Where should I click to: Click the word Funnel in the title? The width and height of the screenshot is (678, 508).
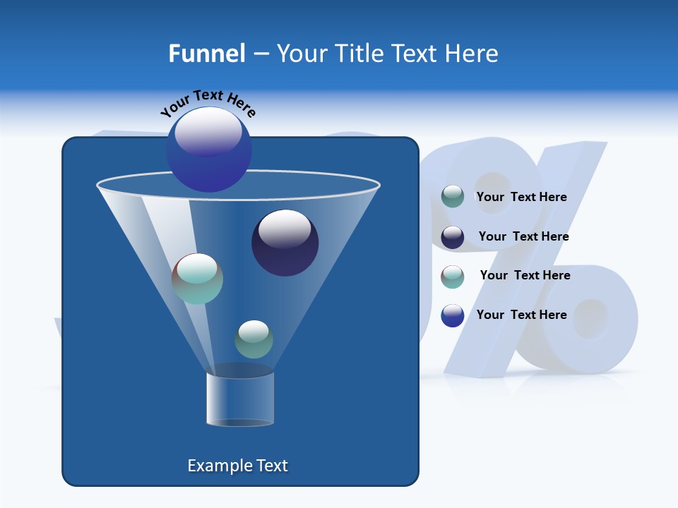coord(206,53)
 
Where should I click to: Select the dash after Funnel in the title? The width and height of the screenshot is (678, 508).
coord(261,54)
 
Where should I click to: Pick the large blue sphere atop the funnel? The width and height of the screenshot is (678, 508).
coord(209,150)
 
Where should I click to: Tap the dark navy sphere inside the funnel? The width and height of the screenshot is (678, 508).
coord(285,243)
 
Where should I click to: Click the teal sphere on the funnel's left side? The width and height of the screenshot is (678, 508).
coord(197,279)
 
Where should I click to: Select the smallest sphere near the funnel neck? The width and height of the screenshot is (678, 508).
coord(254,339)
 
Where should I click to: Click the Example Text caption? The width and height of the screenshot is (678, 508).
coord(237,466)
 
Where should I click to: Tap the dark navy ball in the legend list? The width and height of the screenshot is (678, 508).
coord(453,237)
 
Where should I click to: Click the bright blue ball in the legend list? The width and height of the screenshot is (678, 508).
coord(453,315)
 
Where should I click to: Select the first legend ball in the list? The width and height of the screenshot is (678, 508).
coord(453,197)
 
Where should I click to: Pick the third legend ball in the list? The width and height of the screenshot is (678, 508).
coord(453,277)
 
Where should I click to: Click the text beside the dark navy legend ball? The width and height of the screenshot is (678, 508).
coord(523,236)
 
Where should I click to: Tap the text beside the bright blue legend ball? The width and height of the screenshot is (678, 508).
coord(521,315)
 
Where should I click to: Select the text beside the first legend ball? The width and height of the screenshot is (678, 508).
coord(521,197)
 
